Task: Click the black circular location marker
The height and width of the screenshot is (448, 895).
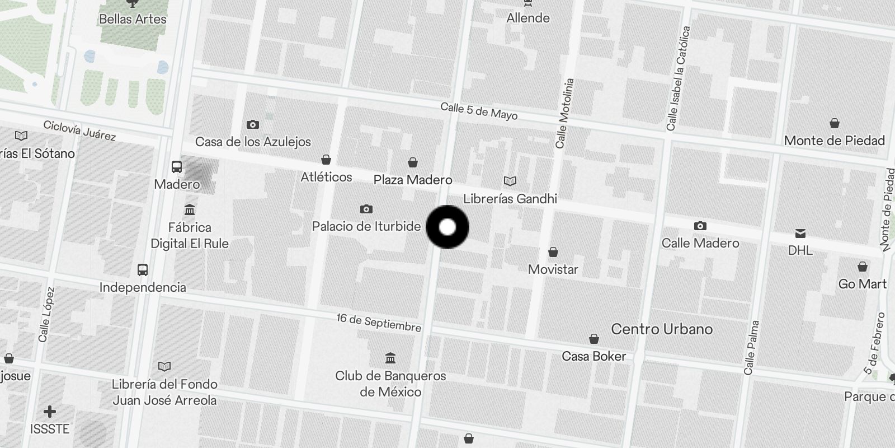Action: [x=447, y=227]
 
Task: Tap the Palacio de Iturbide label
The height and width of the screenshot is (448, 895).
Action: [x=366, y=226]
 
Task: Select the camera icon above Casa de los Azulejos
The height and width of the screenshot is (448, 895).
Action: [x=253, y=124]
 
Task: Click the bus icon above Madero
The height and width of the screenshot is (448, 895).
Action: [x=177, y=166]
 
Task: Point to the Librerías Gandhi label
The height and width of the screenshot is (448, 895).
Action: [x=510, y=198]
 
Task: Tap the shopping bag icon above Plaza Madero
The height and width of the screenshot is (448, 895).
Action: [x=413, y=162]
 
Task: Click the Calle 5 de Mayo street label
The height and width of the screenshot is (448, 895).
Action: [x=479, y=111]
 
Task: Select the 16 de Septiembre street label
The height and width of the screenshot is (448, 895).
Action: [x=379, y=322]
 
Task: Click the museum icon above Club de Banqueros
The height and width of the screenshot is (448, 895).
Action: [x=390, y=358]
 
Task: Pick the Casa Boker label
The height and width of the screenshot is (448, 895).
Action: [x=594, y=356]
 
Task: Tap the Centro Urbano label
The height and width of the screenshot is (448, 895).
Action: [x=662, y=329]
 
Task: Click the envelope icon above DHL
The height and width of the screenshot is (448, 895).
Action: [x=800, y=233]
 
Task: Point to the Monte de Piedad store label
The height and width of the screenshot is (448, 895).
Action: [x=835, y=141]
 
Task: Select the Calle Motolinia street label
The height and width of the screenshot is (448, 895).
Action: [x=565, y=113]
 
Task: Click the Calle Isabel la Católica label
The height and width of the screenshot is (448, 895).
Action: [x=679, y=78]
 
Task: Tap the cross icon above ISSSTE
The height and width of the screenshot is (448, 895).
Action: [x=50, y=412]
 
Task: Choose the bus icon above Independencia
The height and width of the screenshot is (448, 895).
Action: [x=143, y=270]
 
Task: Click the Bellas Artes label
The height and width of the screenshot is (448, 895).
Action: [x=133, y=18]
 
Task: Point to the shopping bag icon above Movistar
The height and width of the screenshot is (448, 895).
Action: [x=553, y=252]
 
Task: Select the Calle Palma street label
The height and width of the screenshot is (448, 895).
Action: [x=751, y=347]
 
